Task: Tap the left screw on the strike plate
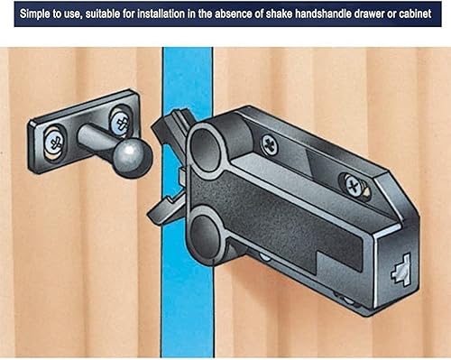[x=54, y=141]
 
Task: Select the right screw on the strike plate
[x=121, y=123]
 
